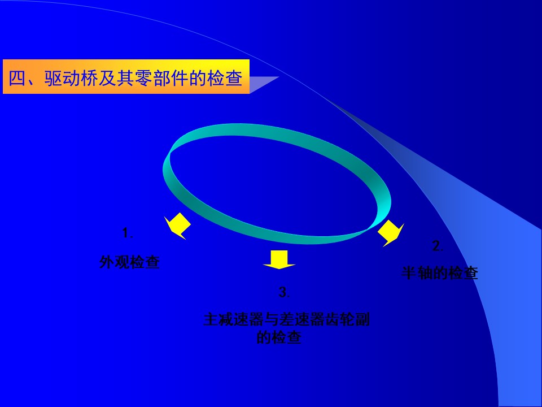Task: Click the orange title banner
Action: coord(126,76)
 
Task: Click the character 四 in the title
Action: coord(18,78)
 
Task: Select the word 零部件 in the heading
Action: coord(161,78)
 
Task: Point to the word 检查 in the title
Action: coord(224,78)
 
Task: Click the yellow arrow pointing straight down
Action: coord(279,259)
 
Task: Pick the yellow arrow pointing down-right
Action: coord(391,233)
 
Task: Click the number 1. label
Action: coord(128,233)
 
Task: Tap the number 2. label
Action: coord(438,246)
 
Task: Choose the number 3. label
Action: coord(284,292)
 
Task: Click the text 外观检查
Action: coord(130,262)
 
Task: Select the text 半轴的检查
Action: coord(440,272)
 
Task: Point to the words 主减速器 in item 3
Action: coord(233,319)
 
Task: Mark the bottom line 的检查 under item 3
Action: coord(279,337)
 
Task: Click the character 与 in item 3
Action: coord(271,319)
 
